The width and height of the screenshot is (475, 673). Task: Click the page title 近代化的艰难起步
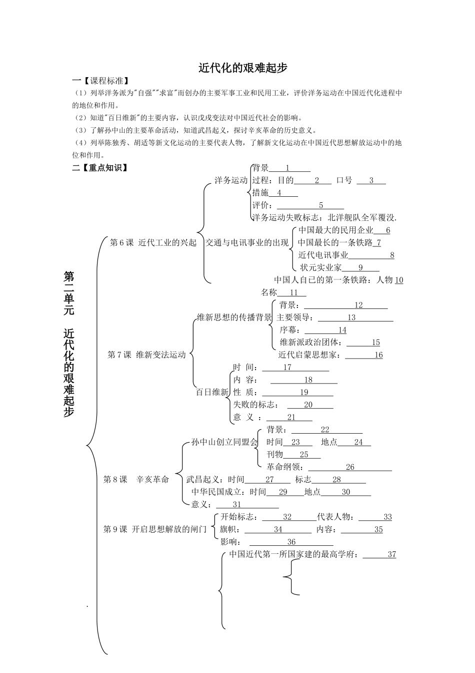243,68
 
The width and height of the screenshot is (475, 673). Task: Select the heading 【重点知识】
103,168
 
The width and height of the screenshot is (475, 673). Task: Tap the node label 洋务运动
230,180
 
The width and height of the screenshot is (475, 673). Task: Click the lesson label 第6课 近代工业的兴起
153,242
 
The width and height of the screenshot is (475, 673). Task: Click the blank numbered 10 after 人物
398,280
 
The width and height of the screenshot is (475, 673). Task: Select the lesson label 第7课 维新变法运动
147,355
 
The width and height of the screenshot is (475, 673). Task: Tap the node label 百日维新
212,392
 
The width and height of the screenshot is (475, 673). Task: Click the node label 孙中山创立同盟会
224,442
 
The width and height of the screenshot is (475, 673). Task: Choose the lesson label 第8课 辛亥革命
136,479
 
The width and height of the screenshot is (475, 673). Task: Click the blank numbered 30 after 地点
346,492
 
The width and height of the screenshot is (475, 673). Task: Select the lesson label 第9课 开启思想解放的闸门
154,529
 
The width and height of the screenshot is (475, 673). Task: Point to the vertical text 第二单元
69,292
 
